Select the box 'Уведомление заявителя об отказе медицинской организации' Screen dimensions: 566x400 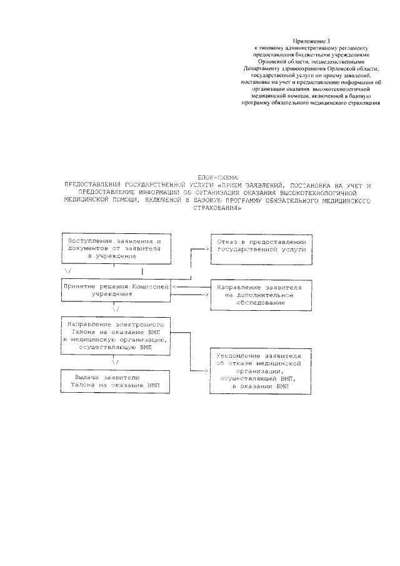(x=260, y=370)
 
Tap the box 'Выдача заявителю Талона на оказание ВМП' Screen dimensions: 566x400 (x=116, y=382)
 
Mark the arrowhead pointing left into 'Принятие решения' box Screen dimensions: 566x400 (x=174, y=286)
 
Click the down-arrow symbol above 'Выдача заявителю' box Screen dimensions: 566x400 (x=116, y=362)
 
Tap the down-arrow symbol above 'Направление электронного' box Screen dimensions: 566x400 (x=116, y=309)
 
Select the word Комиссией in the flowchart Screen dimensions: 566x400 (x=149, y=285)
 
